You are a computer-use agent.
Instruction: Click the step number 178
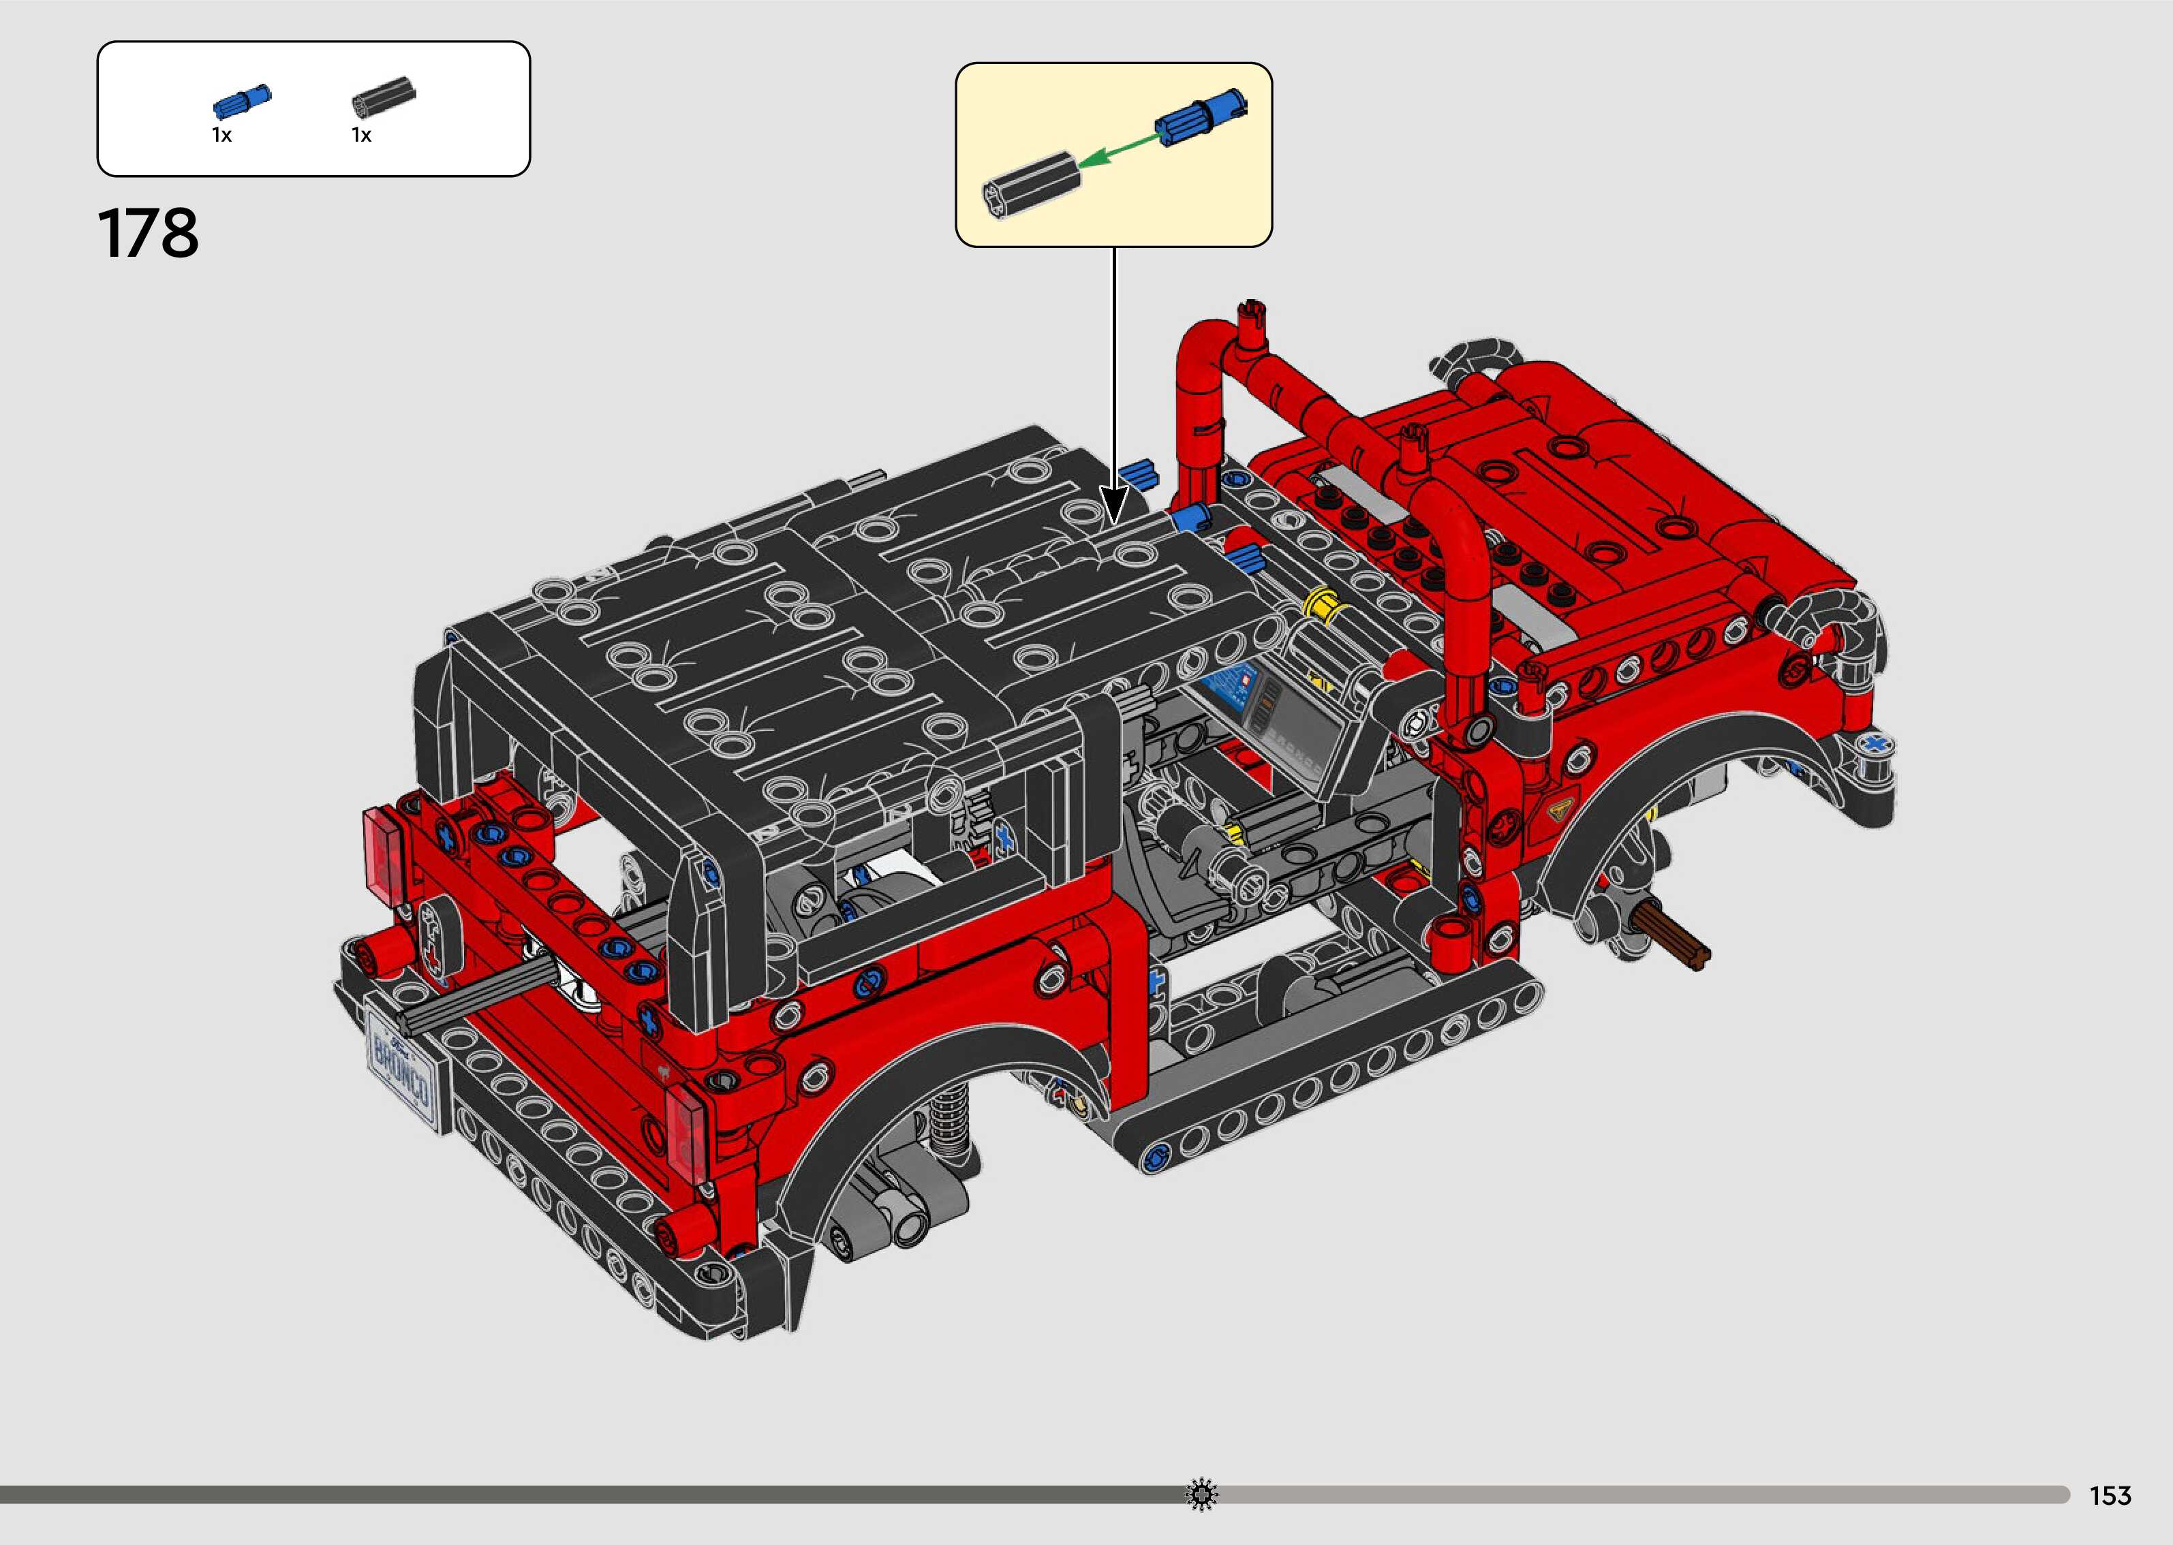[149, 233]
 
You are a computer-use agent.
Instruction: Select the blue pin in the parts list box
[243, 101]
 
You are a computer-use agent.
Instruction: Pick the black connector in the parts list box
[384, 97]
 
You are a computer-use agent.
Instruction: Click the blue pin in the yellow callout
[1201, 118]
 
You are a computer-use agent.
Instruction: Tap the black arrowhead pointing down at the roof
[1114, 504]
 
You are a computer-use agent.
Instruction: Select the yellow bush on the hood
[1323, 603]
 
